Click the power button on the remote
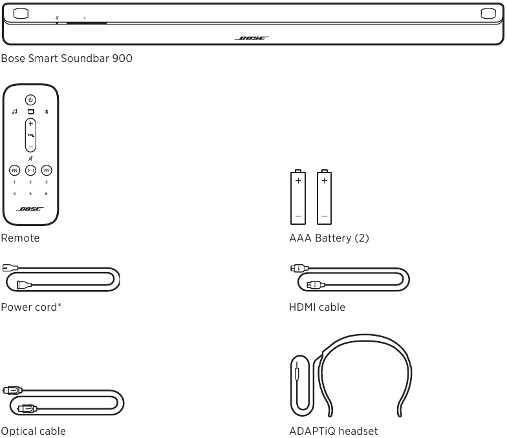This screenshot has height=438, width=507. click(x=31, y=99)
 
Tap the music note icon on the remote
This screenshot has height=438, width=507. click(x=14, y=112)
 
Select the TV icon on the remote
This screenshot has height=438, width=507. click(x=31, y=112)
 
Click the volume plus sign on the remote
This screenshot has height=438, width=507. click(x=31, y=124)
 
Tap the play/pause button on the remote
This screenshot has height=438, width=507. click(x=31, y=171)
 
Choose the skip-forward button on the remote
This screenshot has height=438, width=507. click(x=47, y=171)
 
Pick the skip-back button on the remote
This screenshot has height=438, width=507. click(x=14, y=171)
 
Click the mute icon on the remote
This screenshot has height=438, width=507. click(x=30, y=158)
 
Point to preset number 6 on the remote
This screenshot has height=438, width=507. click(x=47, y=194)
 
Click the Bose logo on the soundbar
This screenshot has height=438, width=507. click(x=252, y=38)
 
